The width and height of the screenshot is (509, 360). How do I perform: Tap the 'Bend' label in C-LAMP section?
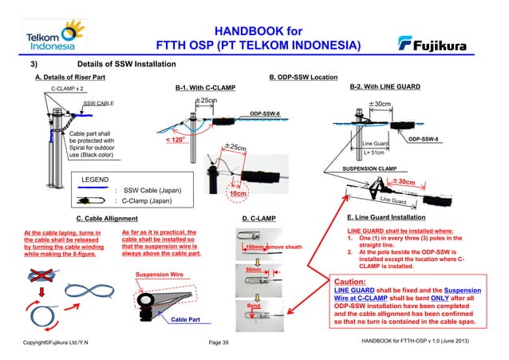[x=254, y=306]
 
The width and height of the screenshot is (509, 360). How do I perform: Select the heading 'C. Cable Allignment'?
[x=108, y=217]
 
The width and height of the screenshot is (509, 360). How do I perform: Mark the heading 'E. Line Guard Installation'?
[x=391, y=217]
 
